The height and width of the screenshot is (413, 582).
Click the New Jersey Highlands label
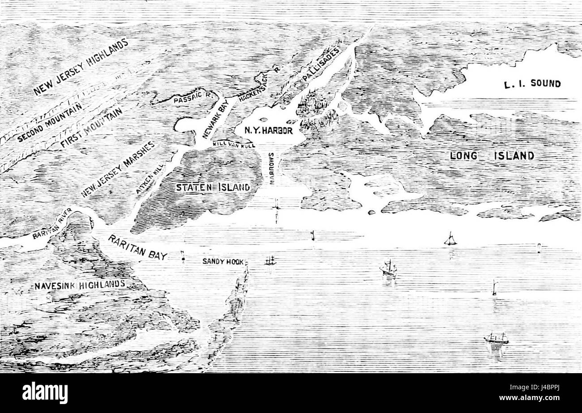tap(81, 67)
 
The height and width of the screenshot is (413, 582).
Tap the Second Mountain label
tap(50, 122)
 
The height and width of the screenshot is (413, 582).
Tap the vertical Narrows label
tap(272, 169)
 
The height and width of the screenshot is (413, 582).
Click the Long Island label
tap(492, 156)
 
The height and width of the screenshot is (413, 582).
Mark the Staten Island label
tap(213, 187)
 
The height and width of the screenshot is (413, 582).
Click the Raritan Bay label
tap(137, 246)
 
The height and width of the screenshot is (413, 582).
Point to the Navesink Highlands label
tap(80, 285)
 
